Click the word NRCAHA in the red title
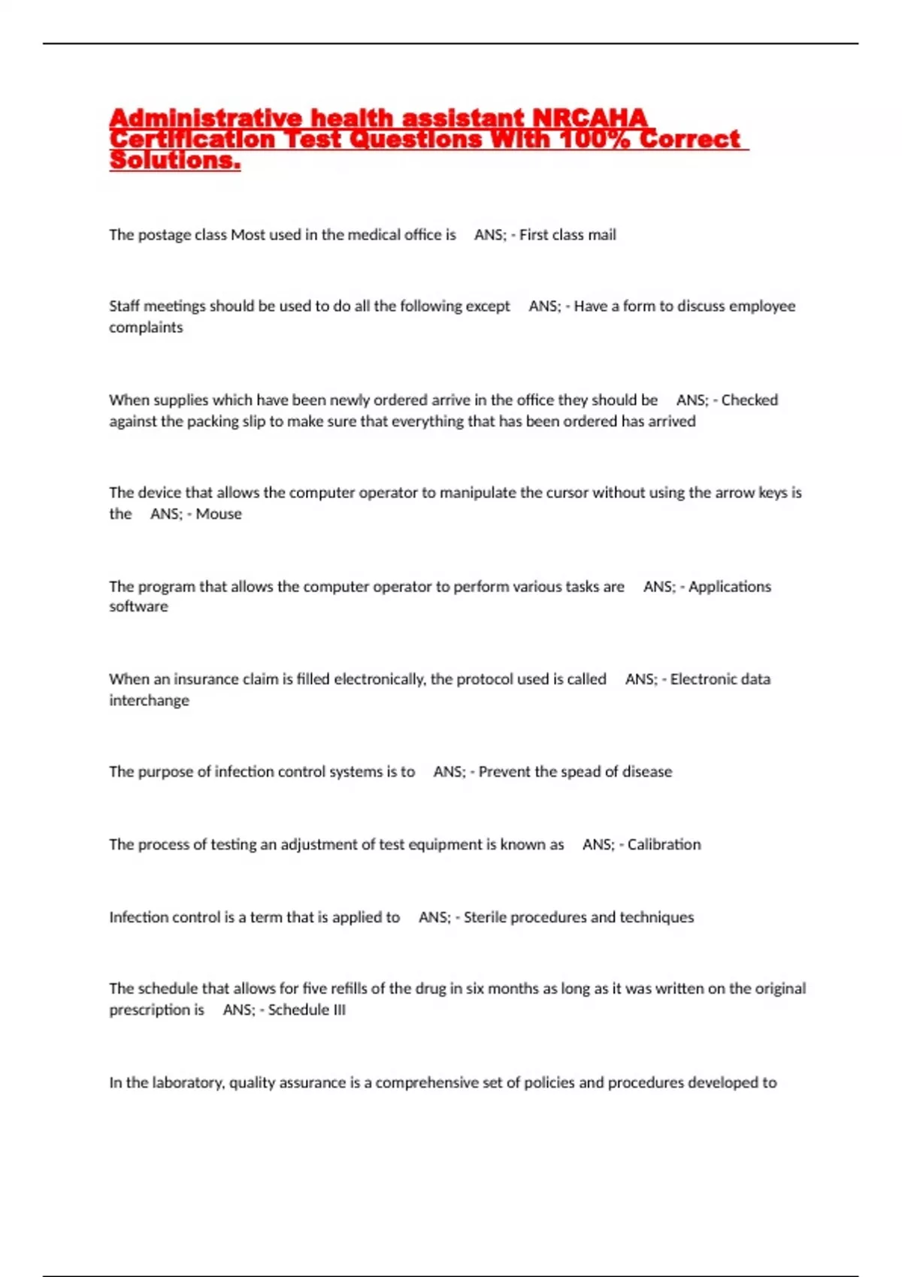coord(589,118)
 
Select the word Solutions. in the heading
coord(174,160)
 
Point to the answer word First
coord(533,235)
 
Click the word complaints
coord(146,328)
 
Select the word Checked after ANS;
coord(749,400)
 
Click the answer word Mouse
coord(219,514)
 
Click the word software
coord(138,607)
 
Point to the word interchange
coord(149,701)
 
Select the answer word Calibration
coord(664,844)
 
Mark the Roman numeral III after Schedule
coord(337,1010)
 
